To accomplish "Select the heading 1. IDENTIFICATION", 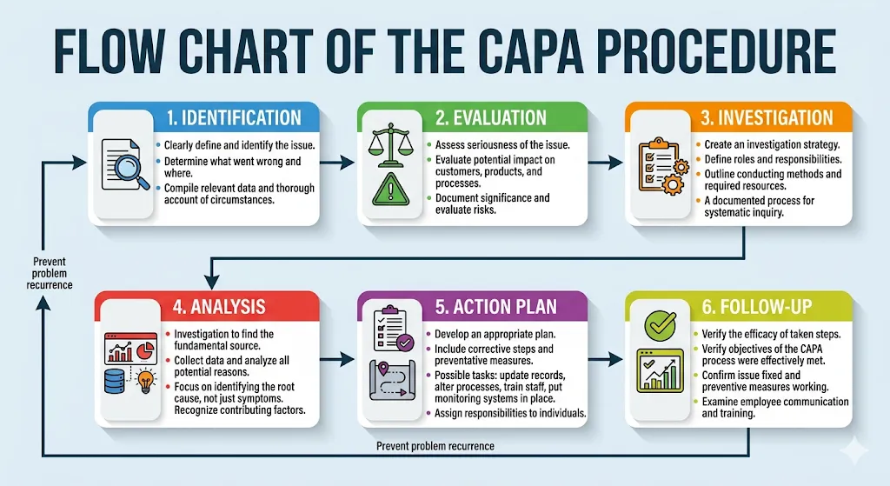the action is [x=234, y=117].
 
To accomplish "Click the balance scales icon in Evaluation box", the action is [x=389, y=145].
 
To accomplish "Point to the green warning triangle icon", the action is [x=390, y=189].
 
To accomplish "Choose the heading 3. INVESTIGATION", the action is [x=767, y=117].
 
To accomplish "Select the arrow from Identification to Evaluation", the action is [x=337, y=163].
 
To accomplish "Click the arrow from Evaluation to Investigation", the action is [x=605, y=163].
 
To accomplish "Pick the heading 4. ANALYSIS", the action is [x=219, y=307].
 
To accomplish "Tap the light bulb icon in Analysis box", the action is [x=146, y=381].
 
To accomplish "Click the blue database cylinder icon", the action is [x=114, y=381].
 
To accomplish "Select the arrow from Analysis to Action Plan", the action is [x=337, y=359].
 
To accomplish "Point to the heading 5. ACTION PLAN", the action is [x=496, y=307].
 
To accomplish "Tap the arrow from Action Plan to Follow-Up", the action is [x=605, y=359].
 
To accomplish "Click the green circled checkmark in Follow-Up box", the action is [x=661, y=326].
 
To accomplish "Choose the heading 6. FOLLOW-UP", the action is [x=757, y=307].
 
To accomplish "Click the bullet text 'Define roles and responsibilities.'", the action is [x=773, y=160].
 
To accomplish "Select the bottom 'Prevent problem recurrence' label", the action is [x=435, y=446].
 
